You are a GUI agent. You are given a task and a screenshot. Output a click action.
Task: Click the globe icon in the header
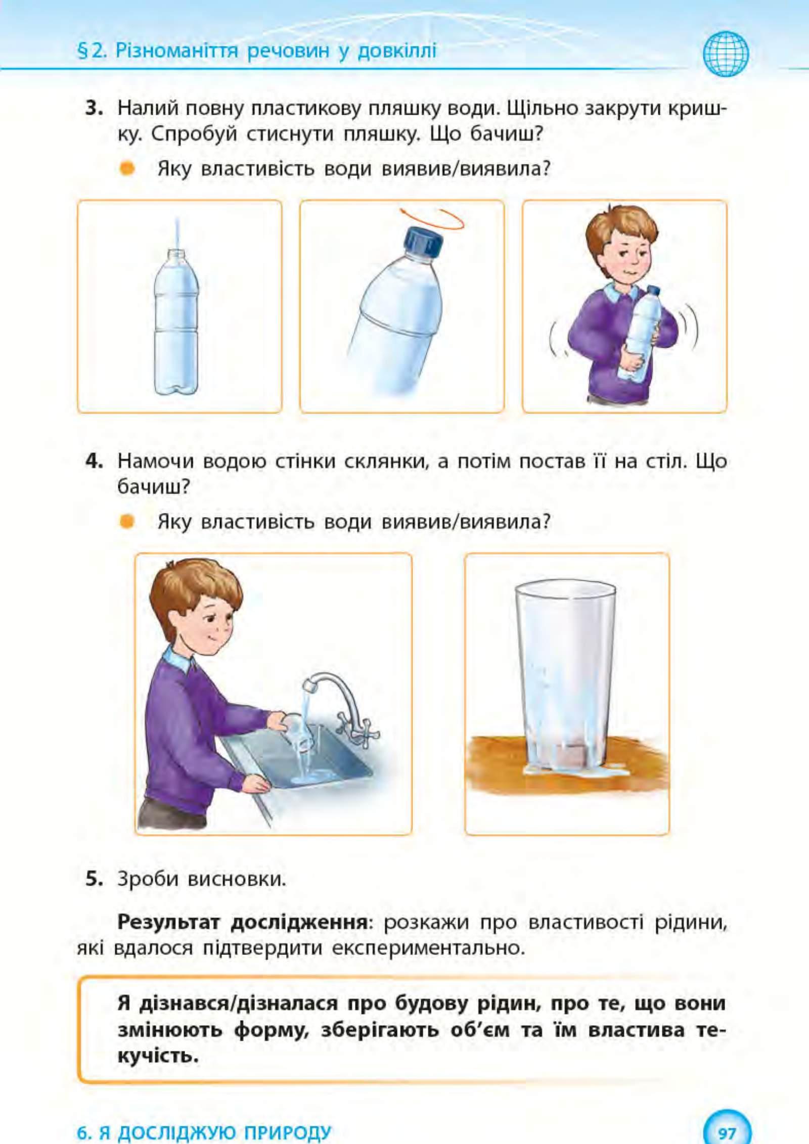(726, 54)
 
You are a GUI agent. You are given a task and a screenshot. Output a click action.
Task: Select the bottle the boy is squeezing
(640, 333)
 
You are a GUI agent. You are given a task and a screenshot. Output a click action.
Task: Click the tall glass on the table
(565, 677)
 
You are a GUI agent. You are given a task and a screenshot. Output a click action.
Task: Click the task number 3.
(94, 108)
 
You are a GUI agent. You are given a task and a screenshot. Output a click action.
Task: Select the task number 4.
(94, 461)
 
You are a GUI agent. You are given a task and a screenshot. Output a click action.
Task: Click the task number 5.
(94, 879)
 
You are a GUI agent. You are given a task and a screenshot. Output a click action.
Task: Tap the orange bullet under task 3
(127, 168)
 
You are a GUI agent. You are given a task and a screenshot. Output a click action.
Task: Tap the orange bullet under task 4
(127, 521)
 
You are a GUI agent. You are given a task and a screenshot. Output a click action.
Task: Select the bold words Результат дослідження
(243, 923)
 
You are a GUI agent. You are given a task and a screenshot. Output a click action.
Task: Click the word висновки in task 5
(237, 879)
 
